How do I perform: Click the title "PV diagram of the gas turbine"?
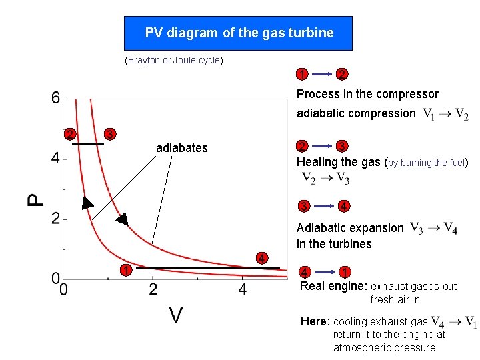[239, 33]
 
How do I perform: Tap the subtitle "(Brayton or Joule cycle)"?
[174, 61]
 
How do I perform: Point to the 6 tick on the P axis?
[55, 99]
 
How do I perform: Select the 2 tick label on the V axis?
[153, 289]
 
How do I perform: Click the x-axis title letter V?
[175, 314]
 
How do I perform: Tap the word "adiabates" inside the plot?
[181, 148]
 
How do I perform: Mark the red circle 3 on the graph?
[111, 134]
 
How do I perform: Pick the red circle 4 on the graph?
[263, 258]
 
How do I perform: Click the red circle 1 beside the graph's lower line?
[125, 270]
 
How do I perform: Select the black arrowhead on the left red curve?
[87, 203]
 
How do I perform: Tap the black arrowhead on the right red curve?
[121, 219]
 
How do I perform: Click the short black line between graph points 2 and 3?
[88, 143]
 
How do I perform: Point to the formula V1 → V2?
[445, 114]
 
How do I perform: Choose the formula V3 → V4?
[433, 228]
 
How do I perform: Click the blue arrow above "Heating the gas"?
[323, 147]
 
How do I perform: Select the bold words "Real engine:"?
[334, 286]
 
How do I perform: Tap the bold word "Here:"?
[315, 321]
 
